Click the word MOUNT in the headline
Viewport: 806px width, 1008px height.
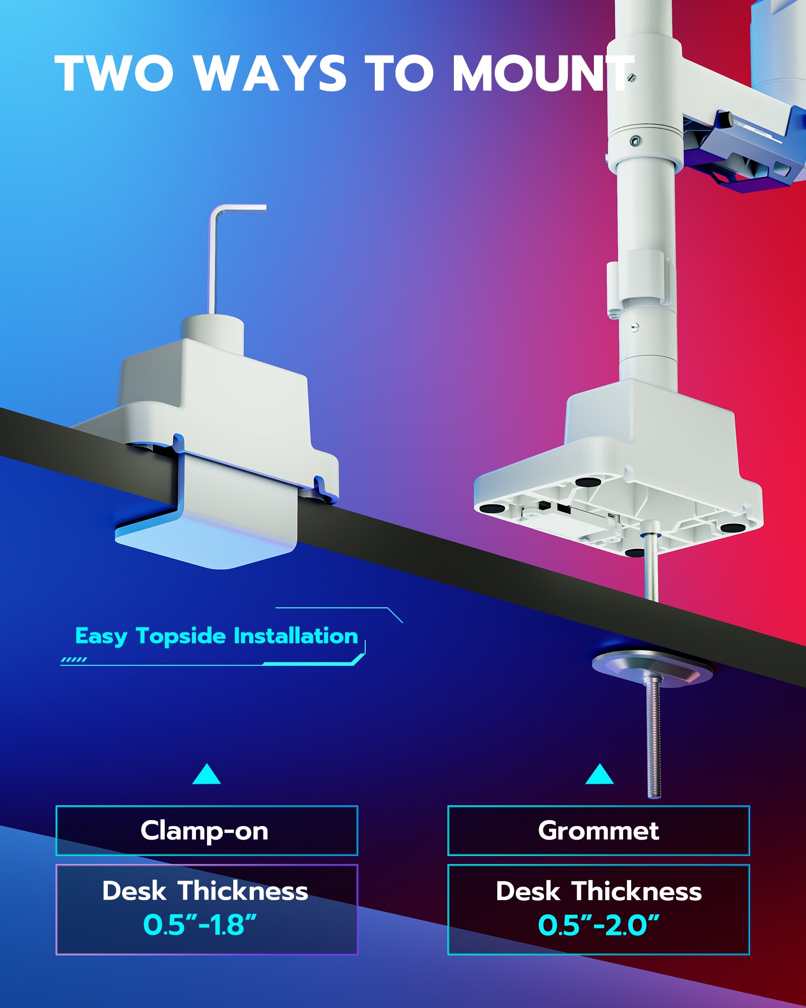pyautogui.click(x=542, y=74)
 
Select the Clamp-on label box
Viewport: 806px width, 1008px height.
pyautogui.click(x=207, y=831)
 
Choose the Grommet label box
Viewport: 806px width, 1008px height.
pyautogui.click(x=598, y=831)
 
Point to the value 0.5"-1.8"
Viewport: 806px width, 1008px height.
pyautogui.click(x=200, y=925)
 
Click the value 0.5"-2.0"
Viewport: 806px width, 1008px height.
pyautogui.click(x=598, y=925)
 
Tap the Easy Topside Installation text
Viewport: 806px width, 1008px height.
pyautogui.click(x=217, y=636)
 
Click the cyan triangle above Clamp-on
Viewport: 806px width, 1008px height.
pyautogui.click(x=207, y=775)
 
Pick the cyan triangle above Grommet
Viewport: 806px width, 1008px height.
pyautogui.click(x=599, y=775)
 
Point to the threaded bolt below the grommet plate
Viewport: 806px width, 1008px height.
pyautogui.click(x=654, y=741)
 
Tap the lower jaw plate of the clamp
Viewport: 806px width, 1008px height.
pyautogui.click(x=201, y=544)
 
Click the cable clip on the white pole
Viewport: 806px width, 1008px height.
pyautogui.click(x=639, y=282)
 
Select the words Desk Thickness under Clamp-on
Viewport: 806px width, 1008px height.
pyautogui.click(x=205, y=891)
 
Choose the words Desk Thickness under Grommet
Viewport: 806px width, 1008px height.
pyautogui.click(x=598, y=891)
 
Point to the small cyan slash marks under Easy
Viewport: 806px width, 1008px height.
pyautogui.click(x=74, y=660)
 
